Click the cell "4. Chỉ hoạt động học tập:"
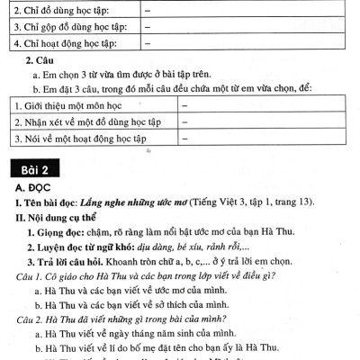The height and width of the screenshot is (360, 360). coord(67,41)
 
